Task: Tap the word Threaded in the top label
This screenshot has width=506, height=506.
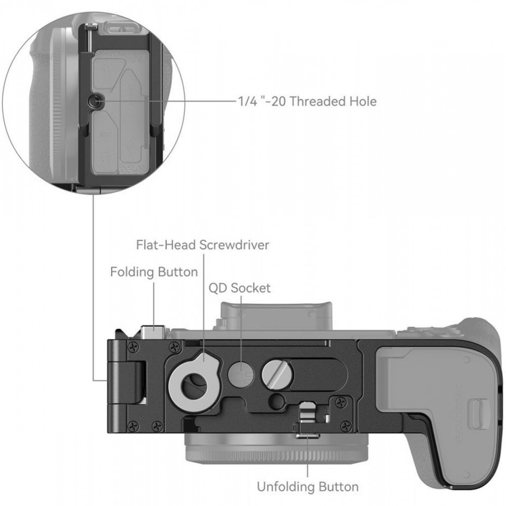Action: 315,101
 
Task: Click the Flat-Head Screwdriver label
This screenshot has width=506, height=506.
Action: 202,245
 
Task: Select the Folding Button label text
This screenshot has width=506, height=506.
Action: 154,272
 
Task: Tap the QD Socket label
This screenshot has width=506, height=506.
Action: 240,288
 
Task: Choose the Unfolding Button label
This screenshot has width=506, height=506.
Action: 308,487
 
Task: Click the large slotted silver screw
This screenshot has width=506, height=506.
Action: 276,374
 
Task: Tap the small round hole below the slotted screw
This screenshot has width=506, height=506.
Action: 276,401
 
